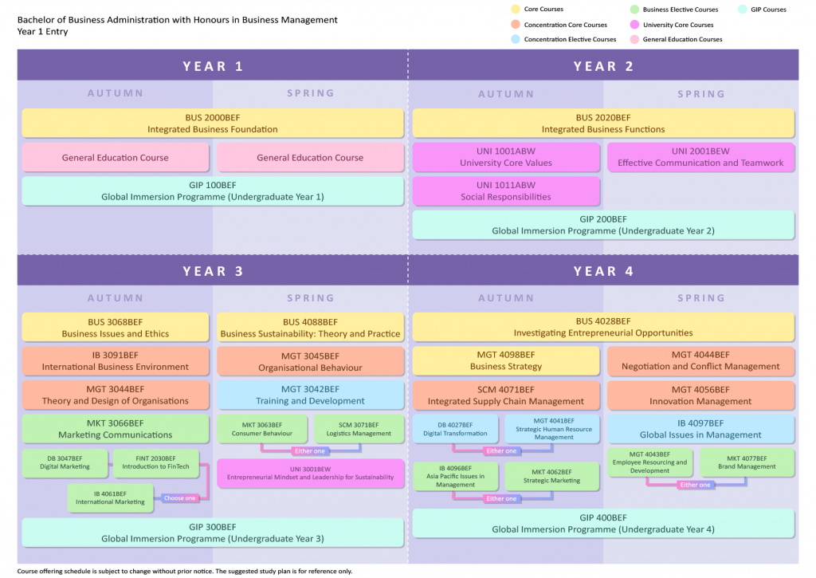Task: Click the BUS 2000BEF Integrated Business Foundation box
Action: (x=212, y=123)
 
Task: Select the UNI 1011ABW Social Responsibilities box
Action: (x=505, y=191)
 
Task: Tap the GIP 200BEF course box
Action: (x=603, y=225)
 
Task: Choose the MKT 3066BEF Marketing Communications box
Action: (x=115, y=429)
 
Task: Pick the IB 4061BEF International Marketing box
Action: (x=111, y=497)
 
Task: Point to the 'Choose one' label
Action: (x=179, y=498)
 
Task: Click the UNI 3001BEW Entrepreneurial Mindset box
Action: (x=310, y=473)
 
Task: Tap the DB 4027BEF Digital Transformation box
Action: (x=455, y=429)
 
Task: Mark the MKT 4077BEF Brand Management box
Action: (x=747, y=462)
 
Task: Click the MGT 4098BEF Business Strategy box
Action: (x=505, y=360)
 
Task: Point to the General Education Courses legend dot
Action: (x=635, y=39)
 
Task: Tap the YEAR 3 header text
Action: (x=213, y=271)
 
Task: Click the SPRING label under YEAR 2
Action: (x=701, y=94)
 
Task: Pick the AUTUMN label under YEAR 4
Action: (x=506, y=298)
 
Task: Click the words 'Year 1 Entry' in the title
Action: (x=42, y=32)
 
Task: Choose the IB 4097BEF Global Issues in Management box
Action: (x=700, y=429)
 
